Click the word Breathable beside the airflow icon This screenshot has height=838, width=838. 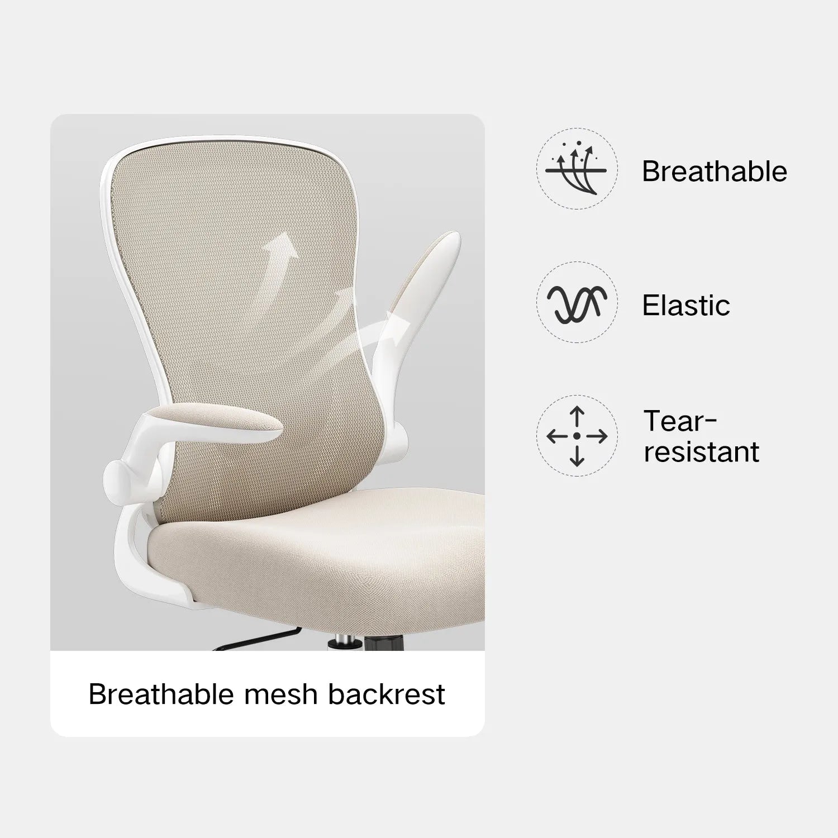tap(714, 172)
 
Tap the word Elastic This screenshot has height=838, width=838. tap(686, 306)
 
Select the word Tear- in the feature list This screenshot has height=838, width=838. tap(680, 421)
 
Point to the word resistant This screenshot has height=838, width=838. tap(701, 452)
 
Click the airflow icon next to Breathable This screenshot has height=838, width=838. tap(577, 169)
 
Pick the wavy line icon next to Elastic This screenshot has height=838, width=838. tap(577, 304)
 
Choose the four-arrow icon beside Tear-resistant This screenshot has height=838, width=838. tap(577, 436)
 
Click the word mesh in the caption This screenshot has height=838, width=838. tap(280, 694)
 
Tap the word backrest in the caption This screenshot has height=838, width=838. tap(386, 694)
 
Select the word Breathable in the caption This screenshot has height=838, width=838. tap(161, 694)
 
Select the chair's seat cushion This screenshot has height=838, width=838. tap(318, 553)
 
